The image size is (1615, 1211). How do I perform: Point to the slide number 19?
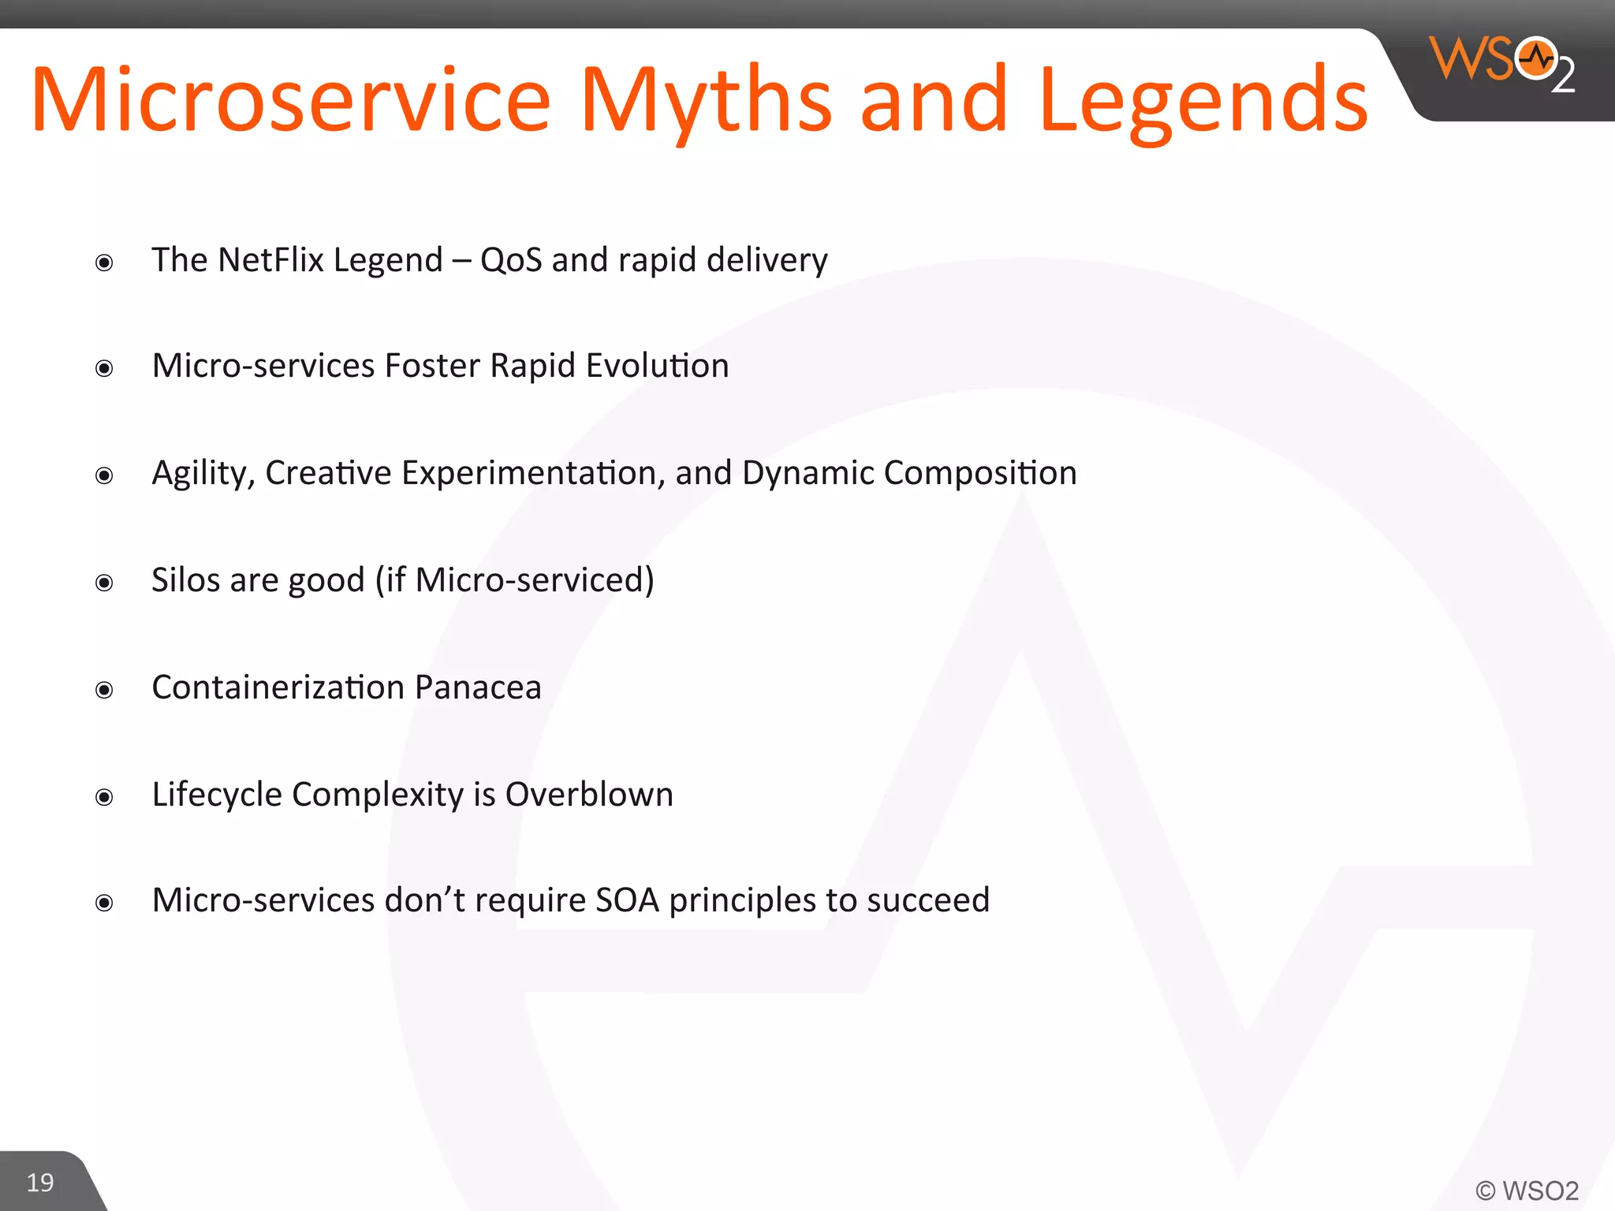(x=40, y=1183)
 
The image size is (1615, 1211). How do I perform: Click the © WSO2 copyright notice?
(x=1527, y=1191)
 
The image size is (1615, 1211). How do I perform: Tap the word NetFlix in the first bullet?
(x=270, y=260)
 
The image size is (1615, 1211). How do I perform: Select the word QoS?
(x=511, y=260)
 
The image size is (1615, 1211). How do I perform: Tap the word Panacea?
(x=478, y=687)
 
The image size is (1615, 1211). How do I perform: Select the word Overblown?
(x=589, y=795)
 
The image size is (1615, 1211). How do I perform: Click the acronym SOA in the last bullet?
(x=627, y=900)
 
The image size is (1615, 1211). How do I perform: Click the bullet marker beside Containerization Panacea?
(x=104, y=691)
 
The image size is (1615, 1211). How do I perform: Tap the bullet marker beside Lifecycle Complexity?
(x=104, y=798)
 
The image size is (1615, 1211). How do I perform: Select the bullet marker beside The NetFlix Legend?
(x=104, y=263)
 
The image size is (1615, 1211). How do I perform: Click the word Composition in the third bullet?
(x=980, y=473)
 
